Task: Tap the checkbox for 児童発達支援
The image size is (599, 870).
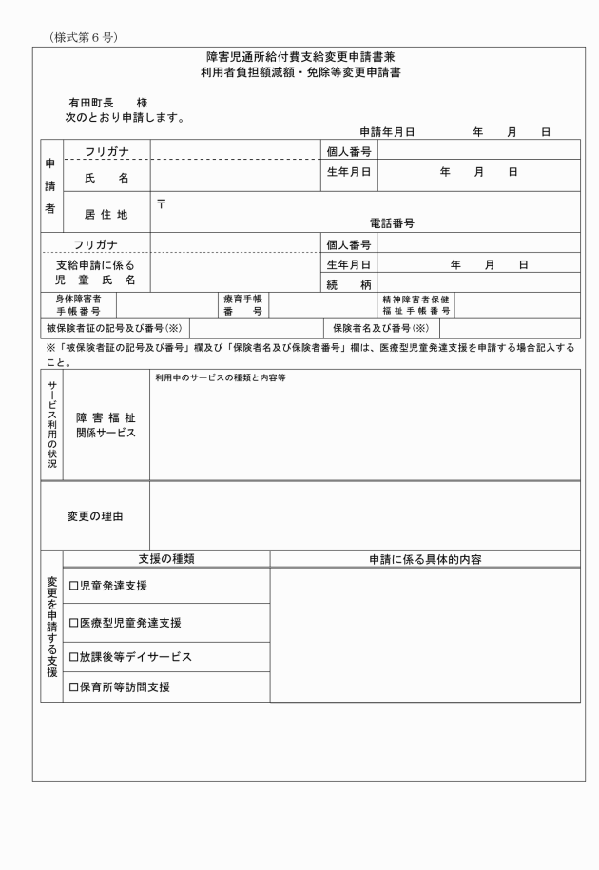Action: point(73,586)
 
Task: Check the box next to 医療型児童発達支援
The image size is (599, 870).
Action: point(73,623)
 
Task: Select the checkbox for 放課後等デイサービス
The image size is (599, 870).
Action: point(73,657)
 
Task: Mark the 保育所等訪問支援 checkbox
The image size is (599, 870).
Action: point(73,686)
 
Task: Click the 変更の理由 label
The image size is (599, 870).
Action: point(94,516)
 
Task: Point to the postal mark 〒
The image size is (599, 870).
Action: point(162,202)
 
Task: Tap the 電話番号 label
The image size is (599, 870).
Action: point(391,223)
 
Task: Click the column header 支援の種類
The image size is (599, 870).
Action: point(166,559)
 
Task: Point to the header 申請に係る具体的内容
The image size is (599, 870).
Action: point(425,559)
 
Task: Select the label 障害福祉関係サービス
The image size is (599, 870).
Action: point(106,424)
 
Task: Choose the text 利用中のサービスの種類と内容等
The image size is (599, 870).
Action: point(213,377)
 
